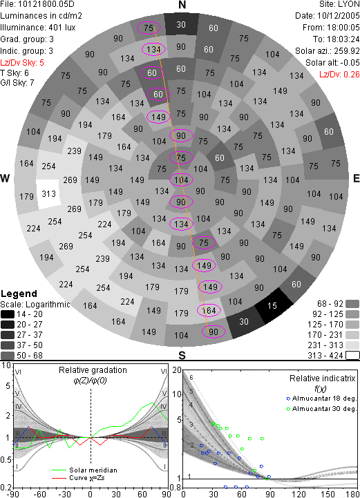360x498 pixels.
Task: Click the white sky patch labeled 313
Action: [48, 194]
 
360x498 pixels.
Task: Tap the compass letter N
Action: [182, 5]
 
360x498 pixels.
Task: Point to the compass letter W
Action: [5, 178]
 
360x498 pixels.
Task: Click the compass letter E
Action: [356, 178]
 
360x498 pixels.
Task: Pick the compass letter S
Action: [182, 355]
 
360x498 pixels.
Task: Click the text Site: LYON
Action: [339, 4]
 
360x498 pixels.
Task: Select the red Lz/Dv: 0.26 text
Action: [339, 75]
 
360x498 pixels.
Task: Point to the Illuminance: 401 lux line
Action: [38, 28]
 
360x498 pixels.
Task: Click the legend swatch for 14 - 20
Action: [8, 314]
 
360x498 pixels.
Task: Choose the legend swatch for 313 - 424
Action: [352, 355]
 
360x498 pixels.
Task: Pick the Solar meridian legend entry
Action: [84, 470]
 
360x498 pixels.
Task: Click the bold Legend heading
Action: [19, 294]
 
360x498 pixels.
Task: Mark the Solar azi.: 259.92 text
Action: [328, 51]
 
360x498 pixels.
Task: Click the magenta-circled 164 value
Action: [209, 310]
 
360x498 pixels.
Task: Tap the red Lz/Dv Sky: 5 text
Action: [22, 63]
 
